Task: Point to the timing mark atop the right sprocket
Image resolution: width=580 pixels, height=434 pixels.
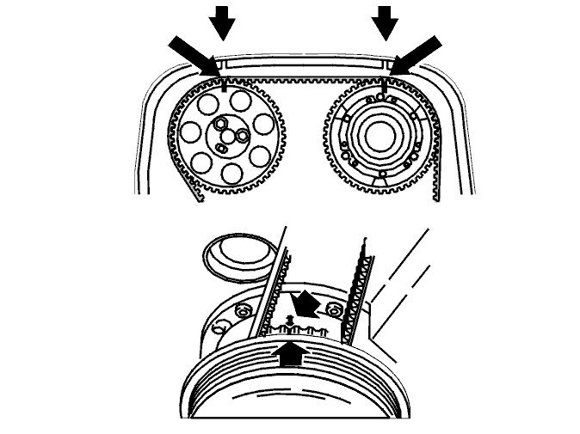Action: click(385, 86)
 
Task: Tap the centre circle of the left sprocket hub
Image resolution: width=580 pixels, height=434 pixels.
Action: click(227, 136)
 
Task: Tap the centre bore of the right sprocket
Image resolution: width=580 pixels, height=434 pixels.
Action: click(379, 136)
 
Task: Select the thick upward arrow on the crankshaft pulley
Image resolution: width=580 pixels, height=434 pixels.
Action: click(290, 353)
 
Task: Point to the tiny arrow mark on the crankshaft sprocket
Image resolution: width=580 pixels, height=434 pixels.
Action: click(290, 319)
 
